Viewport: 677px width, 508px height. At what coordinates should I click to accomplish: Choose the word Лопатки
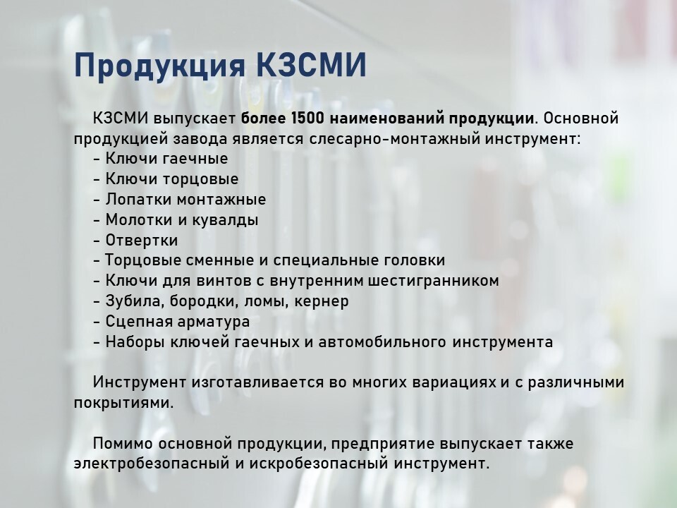point(139,200)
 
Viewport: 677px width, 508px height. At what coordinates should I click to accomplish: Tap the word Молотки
point(139,220)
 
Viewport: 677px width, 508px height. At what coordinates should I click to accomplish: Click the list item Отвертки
point(142,240)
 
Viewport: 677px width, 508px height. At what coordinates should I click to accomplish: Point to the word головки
point(414,260)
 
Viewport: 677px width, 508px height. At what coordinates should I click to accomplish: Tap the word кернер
point(322,301)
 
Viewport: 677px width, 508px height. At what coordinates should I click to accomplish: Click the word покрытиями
point(123,403)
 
